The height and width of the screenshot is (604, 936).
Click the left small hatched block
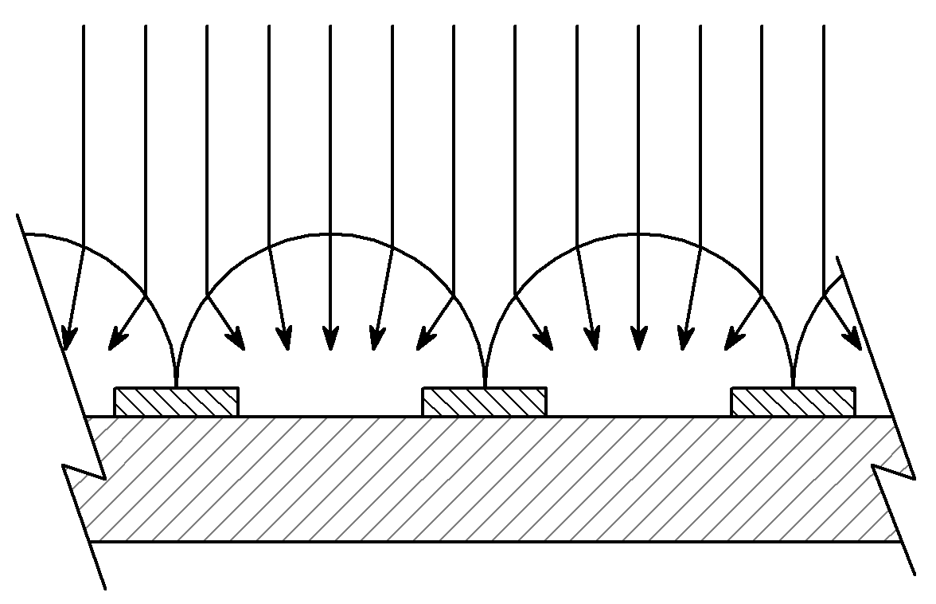pos(177,402)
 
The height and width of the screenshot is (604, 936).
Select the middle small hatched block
pos(484,402)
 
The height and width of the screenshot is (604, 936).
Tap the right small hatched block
pos(793,402)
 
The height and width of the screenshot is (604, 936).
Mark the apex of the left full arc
pos(330,234)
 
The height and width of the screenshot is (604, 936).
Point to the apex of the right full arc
pos(638,234)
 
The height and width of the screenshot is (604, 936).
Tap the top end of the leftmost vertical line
pos(84,26)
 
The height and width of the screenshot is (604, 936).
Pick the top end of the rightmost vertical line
pos(823,26)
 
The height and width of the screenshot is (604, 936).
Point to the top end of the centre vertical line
pos(454,26)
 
